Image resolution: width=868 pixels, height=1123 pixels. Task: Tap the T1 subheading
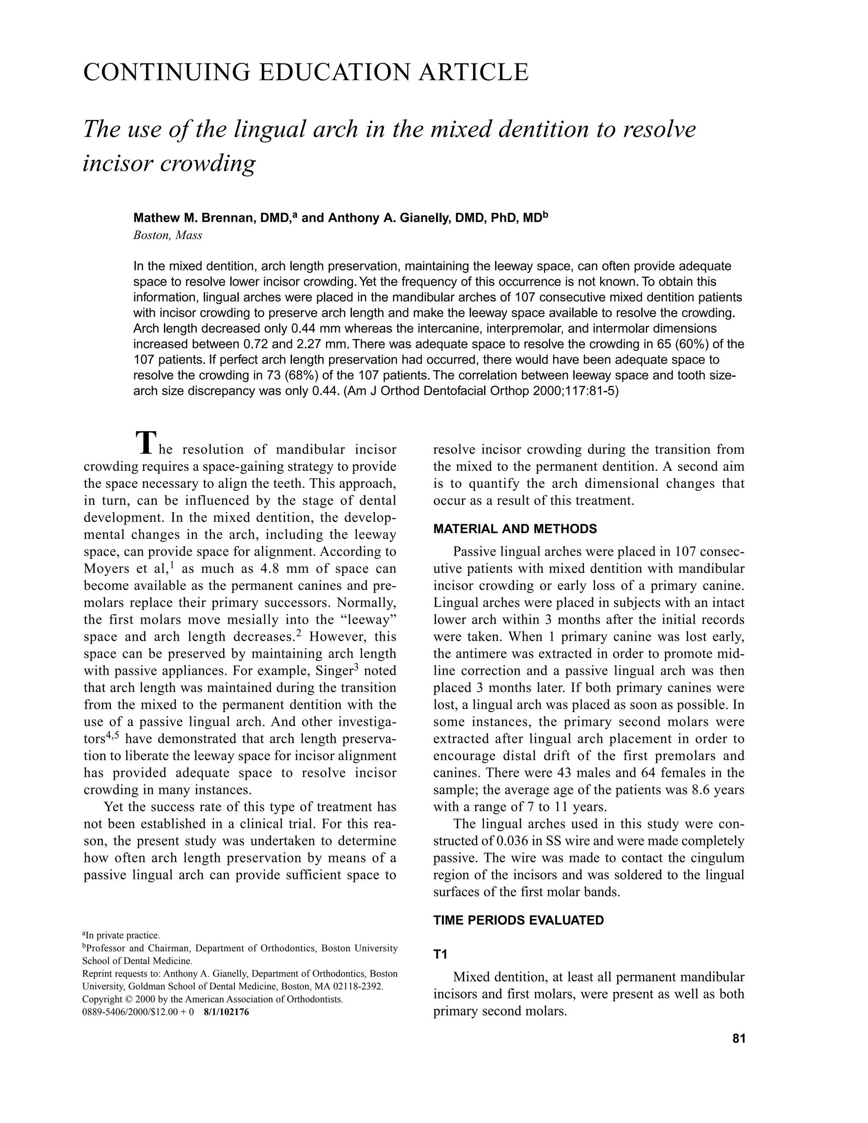coord(440,954)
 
